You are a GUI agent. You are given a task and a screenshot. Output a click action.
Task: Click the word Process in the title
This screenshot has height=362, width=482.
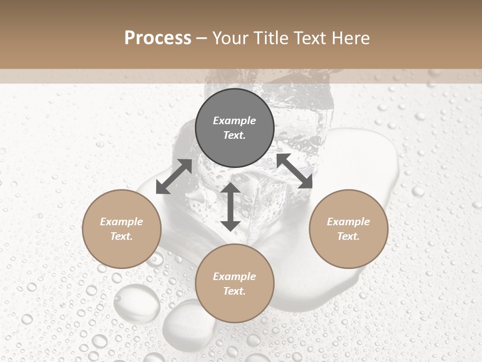(158, 38)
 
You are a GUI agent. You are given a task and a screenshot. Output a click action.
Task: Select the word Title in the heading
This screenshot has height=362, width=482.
(271, 38)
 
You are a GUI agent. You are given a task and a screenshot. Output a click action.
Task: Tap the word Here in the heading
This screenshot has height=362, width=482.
(350, 38)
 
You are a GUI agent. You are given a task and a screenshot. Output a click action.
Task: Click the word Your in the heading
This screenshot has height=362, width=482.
(231, 38)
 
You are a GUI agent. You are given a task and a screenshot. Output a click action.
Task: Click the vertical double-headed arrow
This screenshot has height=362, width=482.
(230, 207)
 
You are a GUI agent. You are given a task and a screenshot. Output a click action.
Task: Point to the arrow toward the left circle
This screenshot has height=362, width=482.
(174, 176)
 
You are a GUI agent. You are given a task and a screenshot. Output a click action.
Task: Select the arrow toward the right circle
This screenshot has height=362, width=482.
(295, 171)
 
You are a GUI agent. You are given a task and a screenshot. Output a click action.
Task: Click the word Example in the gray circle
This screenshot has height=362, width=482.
(234, 121)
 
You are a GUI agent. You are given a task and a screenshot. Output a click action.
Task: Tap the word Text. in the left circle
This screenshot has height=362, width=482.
(122, 236)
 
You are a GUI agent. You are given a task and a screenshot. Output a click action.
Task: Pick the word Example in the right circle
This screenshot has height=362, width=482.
(348, 222)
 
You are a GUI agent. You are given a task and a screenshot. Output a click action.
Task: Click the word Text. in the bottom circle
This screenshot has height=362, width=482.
(234, 291)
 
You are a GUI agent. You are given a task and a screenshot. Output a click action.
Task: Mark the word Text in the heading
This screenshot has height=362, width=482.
(310, 38)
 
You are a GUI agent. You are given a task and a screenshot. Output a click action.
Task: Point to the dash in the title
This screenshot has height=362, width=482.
(202, 38)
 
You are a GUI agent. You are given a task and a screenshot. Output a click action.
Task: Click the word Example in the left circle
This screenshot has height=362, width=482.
(122, 222)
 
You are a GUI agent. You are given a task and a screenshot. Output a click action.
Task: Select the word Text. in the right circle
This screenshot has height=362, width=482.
(348, 236)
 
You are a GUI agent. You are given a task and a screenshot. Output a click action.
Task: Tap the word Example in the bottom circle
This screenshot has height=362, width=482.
(234, 277)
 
